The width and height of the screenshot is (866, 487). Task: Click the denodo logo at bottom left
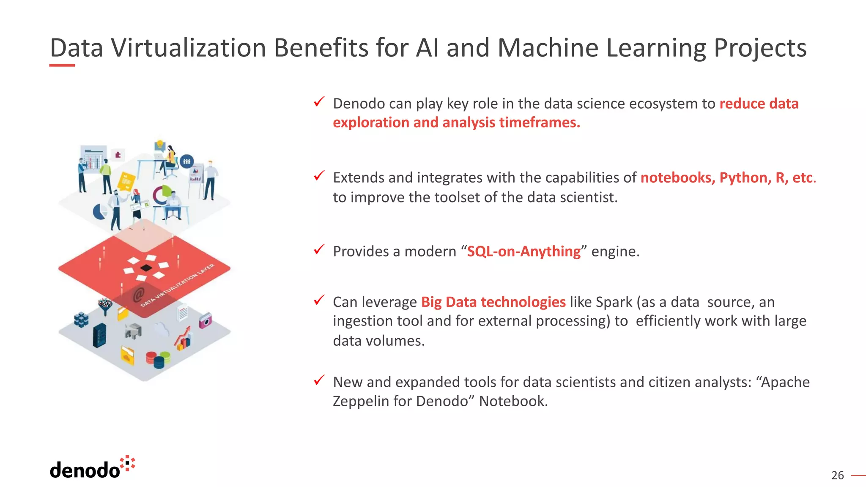(92, 468)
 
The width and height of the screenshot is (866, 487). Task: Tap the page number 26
(837, 476)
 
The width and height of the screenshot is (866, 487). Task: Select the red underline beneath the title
(62, 65)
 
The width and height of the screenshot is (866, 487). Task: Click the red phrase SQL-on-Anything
(523, 252)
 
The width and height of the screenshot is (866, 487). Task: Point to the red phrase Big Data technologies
(493, 302)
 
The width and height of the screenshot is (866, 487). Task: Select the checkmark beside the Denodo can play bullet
(319, 102)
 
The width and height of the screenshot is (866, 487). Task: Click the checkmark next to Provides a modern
(319, 250)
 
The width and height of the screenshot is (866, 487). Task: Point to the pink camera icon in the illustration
(205, 320)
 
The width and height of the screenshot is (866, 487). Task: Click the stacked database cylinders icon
(158, 359)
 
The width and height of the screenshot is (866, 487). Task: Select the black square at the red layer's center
(146, 268)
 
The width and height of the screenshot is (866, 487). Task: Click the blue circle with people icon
(186, 161)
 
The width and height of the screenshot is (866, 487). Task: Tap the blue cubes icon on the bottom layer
(81, 320)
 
